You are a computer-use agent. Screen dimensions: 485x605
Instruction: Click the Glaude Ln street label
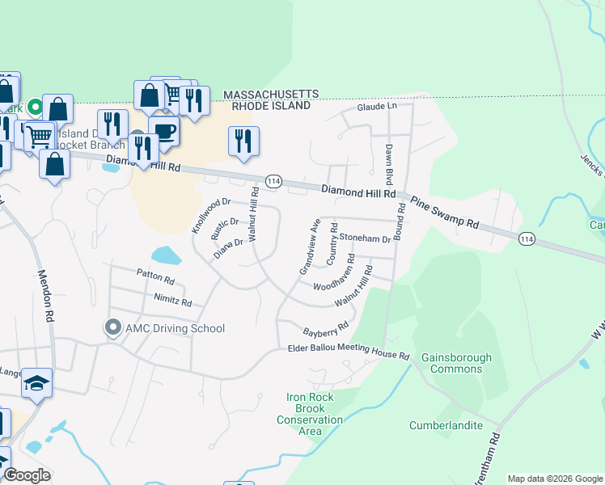click(378, 107)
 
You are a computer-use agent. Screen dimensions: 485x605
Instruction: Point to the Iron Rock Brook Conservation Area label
click(310, 414)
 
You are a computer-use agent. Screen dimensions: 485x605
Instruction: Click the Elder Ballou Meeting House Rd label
click(349, 352)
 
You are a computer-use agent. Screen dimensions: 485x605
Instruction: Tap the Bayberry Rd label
click(325, 330)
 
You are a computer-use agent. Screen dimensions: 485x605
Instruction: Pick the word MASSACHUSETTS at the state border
click(271, 95)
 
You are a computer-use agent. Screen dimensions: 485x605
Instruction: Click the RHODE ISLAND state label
click(271, 106)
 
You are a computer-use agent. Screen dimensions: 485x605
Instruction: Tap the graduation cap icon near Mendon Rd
click(36, 382)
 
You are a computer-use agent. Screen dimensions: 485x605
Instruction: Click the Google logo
click(26, 475)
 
